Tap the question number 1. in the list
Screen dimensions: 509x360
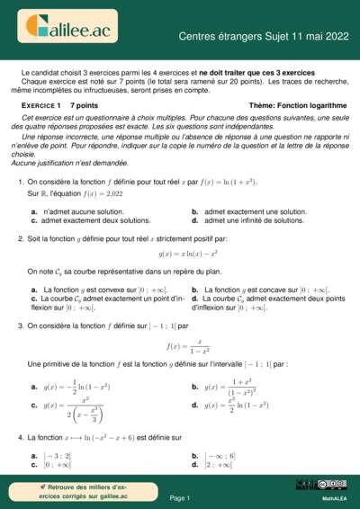tap(20, 182)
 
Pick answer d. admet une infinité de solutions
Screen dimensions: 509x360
tap(241, 219)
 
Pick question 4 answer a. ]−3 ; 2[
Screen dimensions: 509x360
tap(58, 456)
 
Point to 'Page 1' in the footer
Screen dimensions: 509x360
tap(179, 497)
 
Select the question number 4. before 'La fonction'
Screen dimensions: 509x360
tap(20, 438)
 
